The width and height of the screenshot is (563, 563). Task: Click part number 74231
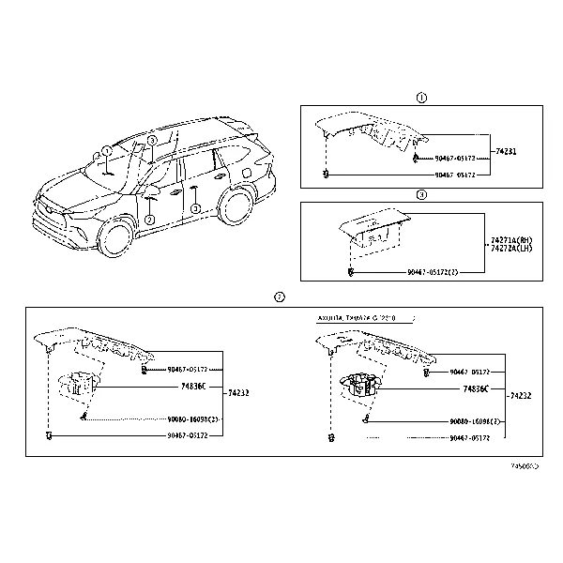point(506,151)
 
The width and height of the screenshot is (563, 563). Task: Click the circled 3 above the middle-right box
point(421,195)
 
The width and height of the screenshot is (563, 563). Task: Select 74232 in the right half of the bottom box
point(519,396)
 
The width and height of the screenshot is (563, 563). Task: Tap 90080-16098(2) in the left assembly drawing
point(193,419)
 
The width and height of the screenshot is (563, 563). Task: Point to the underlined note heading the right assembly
point(358,318)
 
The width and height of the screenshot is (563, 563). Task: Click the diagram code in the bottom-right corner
point(524,464)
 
